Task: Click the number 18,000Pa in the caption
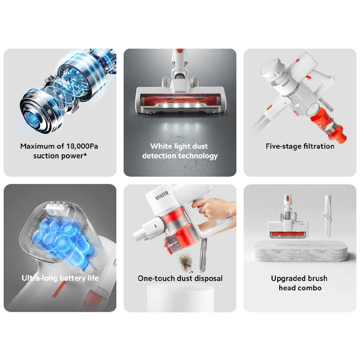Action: point(82,146)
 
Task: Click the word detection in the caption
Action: point(159,156)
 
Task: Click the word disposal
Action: point(208,278)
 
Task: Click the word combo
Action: point(311,288)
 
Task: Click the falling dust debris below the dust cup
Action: point(186,261)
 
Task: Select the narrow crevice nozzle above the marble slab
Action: point(328,216)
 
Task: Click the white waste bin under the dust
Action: point(180,298)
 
